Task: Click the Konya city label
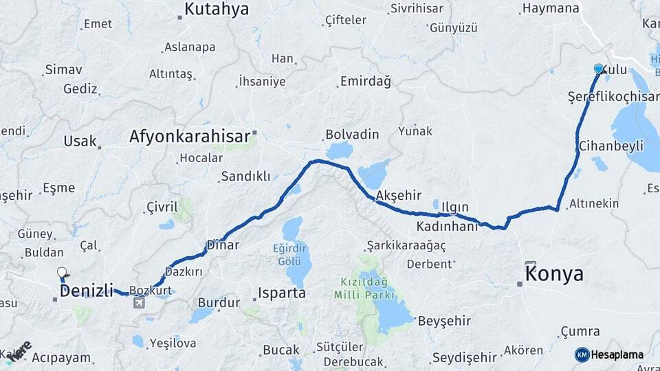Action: (554, 274)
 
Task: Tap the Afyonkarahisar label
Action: (190, 137)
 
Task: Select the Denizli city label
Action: (86, 291)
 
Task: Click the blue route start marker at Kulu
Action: (599, 69)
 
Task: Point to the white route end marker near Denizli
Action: (62, 273)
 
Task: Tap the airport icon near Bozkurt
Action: (140, 303)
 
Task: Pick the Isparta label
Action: (281, 293)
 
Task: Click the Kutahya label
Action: (217, 10)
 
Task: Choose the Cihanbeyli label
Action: (610, 146)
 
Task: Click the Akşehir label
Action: (399, 196)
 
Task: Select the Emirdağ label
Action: (365, 82)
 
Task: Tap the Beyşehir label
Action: (444, 321)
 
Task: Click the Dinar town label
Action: (223, 245)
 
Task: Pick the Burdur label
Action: (219, 302)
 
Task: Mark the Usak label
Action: (80, 141)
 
